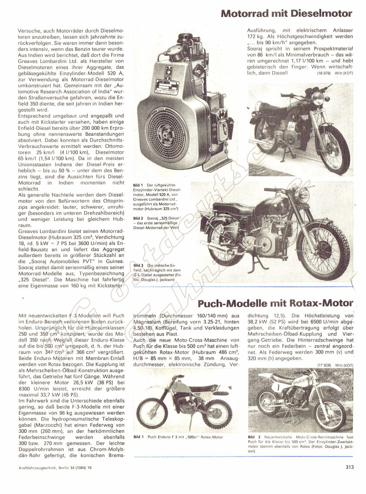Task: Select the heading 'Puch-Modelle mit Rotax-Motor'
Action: [276, 304]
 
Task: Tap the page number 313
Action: [349, 476]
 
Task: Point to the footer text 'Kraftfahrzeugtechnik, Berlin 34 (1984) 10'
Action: [53, 476]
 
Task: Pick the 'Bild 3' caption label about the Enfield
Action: [139, 265]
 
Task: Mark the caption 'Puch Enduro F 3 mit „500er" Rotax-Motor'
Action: [185, 437]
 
